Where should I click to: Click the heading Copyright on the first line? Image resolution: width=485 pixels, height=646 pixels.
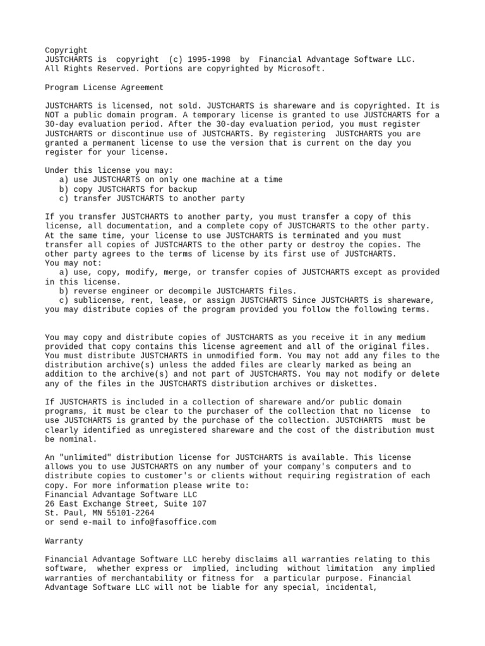tap(66, 50)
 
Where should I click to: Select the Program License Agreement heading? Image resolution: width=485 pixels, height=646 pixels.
tap(104, 87)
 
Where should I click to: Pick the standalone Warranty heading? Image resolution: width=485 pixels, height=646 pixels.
tap(64, 541)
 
